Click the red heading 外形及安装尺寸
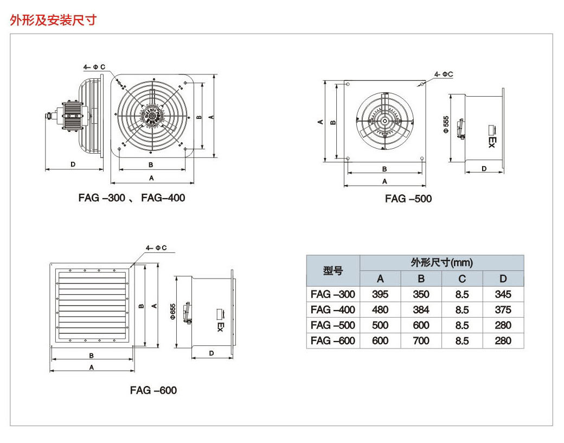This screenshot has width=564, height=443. point(53,20)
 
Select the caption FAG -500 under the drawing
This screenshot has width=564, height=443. point(408,199)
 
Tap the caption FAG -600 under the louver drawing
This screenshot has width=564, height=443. point(153,390)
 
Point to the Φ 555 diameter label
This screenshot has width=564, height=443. point(446,124)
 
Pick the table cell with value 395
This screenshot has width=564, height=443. point(380,294)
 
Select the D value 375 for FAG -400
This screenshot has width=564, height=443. point(503,309)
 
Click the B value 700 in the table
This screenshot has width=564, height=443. point(421,340)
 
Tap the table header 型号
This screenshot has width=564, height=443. point(332,270)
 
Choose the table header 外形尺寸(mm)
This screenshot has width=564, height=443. point(441,263)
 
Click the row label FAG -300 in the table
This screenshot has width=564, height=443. point(333,294)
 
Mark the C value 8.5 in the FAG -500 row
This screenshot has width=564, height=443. point(462,325)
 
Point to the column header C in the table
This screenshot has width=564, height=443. point(462,279)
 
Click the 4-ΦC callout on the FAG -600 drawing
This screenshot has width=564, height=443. point(157,248)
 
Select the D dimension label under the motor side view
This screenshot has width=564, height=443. point(72,163)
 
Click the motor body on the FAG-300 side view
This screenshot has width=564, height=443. point(73,115)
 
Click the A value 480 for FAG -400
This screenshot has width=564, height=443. point(380,309)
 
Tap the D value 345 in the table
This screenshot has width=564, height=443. point(503,294)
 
